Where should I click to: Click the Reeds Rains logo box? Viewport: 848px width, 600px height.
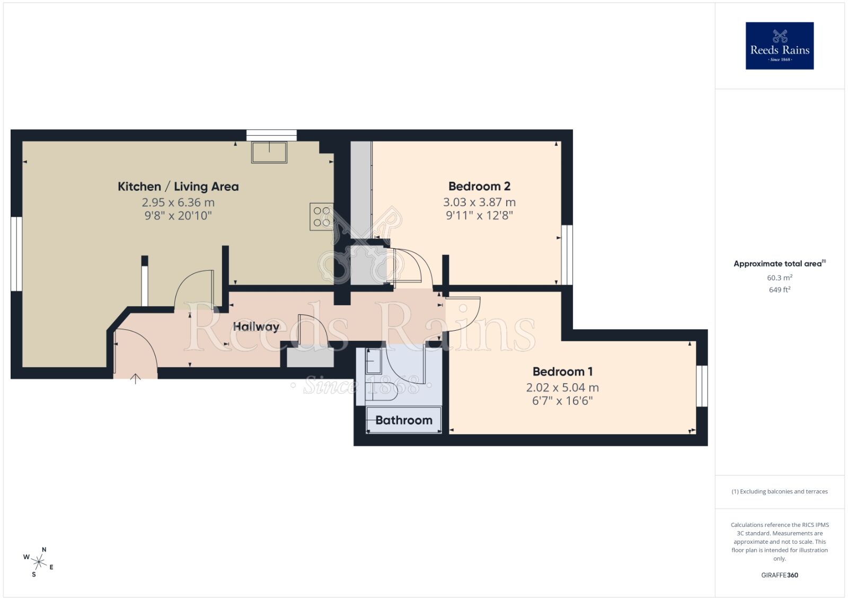click(x=779, y=46)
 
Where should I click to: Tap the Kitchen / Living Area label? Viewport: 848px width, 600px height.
click(x=178, y=187)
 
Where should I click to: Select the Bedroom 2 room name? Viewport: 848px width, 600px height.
click(x=479, y=186)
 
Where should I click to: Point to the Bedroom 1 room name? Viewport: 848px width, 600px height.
click(x=562, y=372)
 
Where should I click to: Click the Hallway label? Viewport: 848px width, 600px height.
click(x=256, y=327)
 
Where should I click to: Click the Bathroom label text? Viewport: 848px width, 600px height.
click(x=404, y=420)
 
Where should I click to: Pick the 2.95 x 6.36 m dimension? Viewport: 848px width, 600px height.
click(x=178, y=202)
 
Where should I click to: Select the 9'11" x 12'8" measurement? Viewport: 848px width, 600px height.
click(x=479, y=215)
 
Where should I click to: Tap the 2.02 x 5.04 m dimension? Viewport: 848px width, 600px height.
click(x=562, y=387)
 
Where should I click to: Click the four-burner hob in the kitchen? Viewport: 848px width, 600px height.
click(x=322, y=217)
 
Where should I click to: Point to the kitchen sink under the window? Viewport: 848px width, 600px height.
click(x=270, y=152)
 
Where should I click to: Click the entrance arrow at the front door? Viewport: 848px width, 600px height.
click(x=136, y=378)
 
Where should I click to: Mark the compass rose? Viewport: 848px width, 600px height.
click(x=39, y=562)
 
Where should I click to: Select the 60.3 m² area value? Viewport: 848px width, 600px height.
click(x=779, y=278)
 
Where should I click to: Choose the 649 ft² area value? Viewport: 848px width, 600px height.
click(x=779, y=290)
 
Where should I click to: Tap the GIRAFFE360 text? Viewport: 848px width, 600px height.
click(x=779, y=575)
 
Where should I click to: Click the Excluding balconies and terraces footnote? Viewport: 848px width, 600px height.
click(x=779, y=491)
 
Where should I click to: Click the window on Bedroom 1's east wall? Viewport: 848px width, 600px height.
click(x=702, y=386)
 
